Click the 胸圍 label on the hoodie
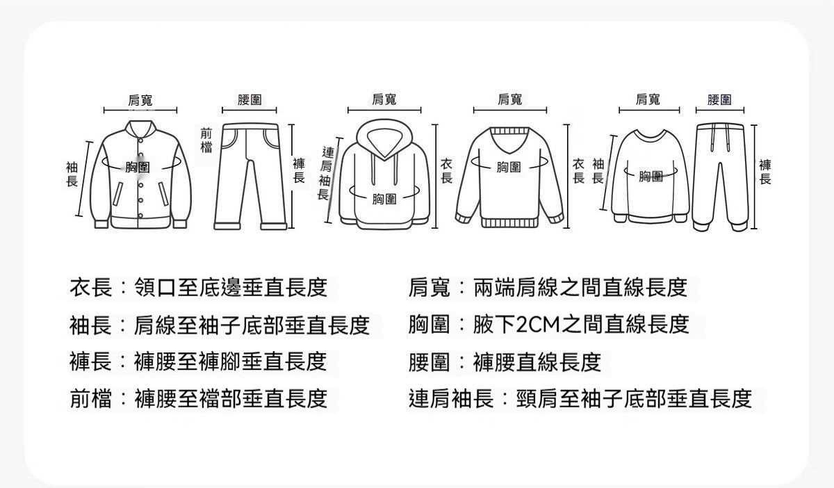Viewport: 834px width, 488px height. coord(384,199)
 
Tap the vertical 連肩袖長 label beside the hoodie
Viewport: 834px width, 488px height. coord(325,173)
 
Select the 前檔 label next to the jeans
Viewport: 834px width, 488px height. coord(206,140)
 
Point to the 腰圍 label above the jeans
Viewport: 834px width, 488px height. coord(250,99)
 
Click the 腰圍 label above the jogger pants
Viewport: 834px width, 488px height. coord(719,99)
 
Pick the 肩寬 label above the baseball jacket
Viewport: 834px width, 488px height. coord(140,100)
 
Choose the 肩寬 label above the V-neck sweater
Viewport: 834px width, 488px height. coord(509,99)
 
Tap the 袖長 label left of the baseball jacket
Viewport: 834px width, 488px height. coord(72,174)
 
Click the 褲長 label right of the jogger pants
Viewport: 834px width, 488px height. coord(765,172)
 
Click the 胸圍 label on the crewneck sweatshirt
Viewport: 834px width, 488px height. coord(651,176)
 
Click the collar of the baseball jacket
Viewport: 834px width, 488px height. coord(140,129)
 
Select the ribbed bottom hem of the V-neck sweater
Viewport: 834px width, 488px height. coord(509,222)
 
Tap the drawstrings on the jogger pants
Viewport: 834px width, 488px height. coord(720,137)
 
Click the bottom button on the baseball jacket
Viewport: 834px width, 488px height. coord(140,215)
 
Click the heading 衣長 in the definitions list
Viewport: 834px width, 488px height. coord(91,287)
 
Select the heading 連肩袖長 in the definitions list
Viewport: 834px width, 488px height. coord(451,398)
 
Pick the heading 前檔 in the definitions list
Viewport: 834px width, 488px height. coord(91,398)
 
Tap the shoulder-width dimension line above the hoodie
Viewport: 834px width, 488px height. coord(384,111)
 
